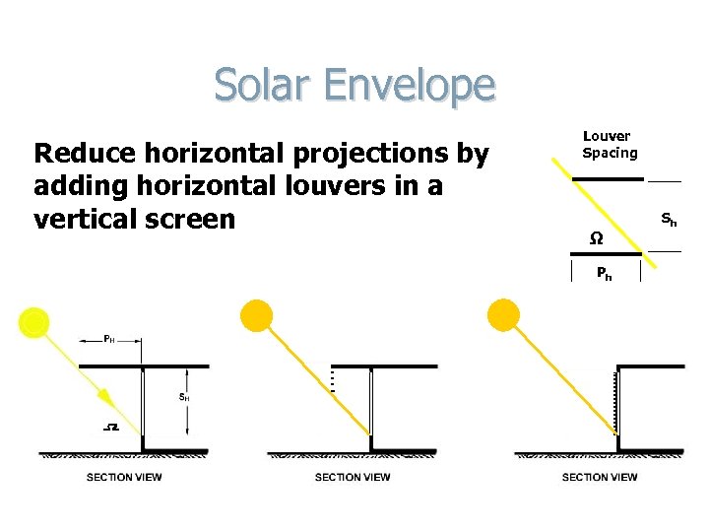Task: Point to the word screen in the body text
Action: (x=186, y=218)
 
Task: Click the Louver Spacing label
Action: (x=610, y=145)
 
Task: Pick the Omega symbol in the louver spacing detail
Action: (x=596, y=238)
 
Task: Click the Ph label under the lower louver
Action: (x=605, y=275)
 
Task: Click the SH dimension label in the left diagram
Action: (x=184, y=397)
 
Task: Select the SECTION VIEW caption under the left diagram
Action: (x=124, y=478)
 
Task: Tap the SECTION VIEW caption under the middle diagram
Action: (x=353, y=478)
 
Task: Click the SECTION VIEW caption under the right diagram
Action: (x=599, y=478)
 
